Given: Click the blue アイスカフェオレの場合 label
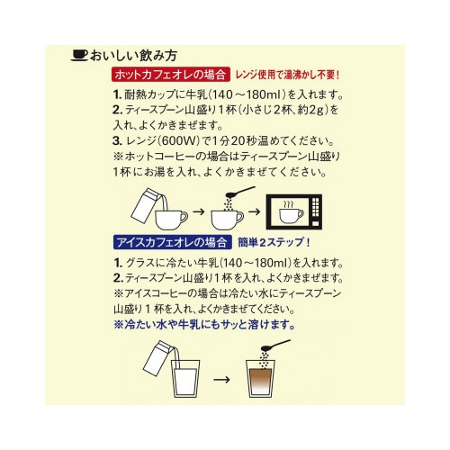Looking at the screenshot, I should tap(169, 240).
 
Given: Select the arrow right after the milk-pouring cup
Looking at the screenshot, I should tap(200, 215).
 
